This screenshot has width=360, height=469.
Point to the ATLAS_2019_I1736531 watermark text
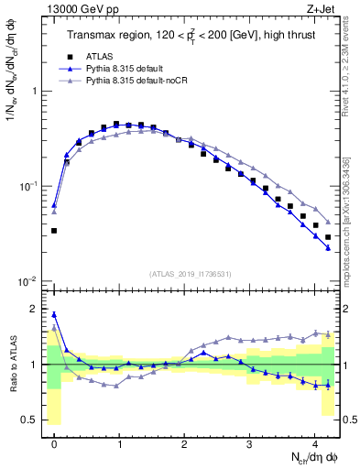click(x=191, y=273)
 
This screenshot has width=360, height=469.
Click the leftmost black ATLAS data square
click(x=54, y=231)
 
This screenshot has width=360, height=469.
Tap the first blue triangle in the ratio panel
click(x=54, y=314)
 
